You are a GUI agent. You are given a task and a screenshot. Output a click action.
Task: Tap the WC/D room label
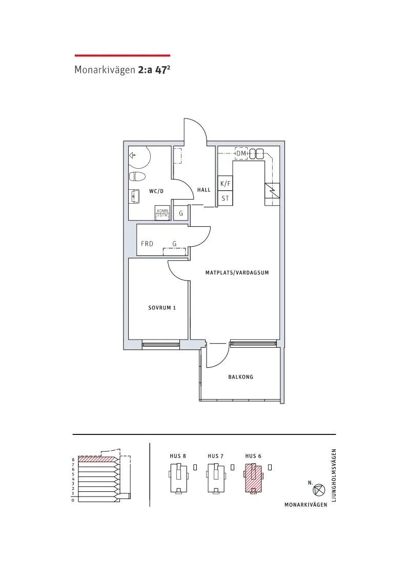[x=156, y=191]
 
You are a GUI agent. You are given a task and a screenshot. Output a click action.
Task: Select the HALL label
[x=204, y=190]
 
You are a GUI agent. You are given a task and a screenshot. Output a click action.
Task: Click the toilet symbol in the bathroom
[x=136, y=177]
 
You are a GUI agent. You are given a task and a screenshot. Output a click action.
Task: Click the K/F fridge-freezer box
[x=225, y=184]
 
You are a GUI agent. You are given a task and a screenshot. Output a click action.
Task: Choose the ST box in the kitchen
[x=225, y=198]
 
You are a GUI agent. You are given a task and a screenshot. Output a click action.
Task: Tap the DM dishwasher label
[x=241, y=153]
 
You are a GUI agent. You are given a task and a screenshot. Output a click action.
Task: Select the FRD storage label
[x=147, y=244]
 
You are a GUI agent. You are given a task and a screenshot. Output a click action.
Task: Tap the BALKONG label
[x=241, y=377]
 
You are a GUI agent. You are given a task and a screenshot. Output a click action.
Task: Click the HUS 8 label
[x=178, y=456]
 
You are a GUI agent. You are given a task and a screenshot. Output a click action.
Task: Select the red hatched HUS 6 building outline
[x=253, y=478]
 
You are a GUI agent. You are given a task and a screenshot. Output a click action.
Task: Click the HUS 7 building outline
[x=216, y=478]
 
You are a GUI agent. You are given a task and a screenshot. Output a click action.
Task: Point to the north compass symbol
[x=318, y=490]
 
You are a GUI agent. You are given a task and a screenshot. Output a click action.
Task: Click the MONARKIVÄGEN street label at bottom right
[x=306, y=505]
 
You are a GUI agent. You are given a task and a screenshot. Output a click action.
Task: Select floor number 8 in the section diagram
[x=73, y=460]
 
